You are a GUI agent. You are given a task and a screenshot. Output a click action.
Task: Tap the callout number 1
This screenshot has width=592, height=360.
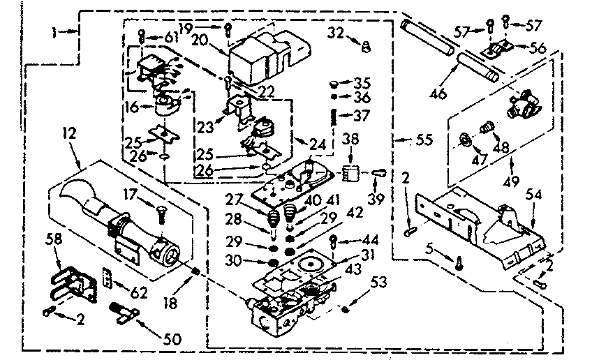pos(58,31)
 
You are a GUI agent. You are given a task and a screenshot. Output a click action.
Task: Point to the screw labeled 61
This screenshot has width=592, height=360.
pos(142,36)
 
